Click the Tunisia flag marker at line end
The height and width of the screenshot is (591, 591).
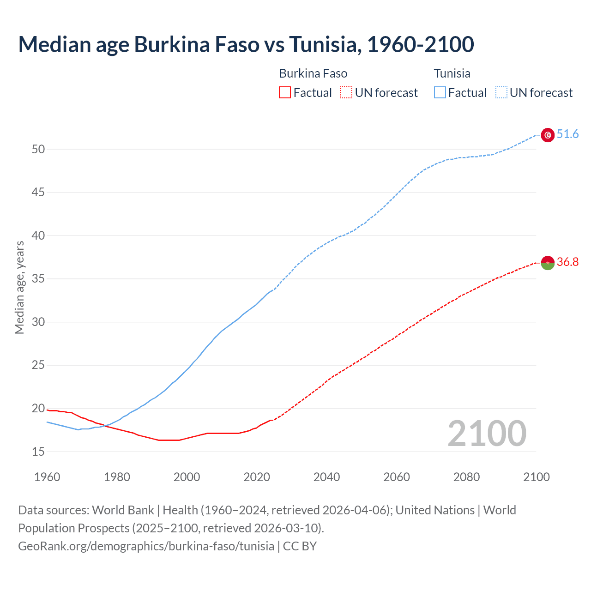(548, 135)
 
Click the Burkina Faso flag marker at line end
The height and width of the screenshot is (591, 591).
(548, 263)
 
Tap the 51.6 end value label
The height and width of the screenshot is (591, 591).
(567, 134)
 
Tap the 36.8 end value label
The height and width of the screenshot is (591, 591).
(567, 262)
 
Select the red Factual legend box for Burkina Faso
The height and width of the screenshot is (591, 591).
(285, 93)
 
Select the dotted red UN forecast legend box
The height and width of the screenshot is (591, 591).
(346, 93)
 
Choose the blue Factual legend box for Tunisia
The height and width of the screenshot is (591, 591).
(440, 93)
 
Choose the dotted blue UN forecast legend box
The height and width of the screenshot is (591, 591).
(501, 93)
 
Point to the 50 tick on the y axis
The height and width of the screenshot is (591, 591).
(38, 149)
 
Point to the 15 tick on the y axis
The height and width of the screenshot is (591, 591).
(38, 452)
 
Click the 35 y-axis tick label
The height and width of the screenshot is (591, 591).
(38, 279)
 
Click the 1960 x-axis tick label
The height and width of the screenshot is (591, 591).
(47, 477)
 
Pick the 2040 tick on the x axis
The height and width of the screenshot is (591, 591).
(326, 477)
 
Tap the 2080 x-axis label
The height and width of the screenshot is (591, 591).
(466, 477)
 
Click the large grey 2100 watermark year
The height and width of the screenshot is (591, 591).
(487, 434)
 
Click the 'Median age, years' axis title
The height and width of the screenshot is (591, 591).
(19, 287)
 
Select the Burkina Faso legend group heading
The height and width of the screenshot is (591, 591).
(313, 73)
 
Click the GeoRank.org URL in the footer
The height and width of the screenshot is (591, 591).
(146, 546)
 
